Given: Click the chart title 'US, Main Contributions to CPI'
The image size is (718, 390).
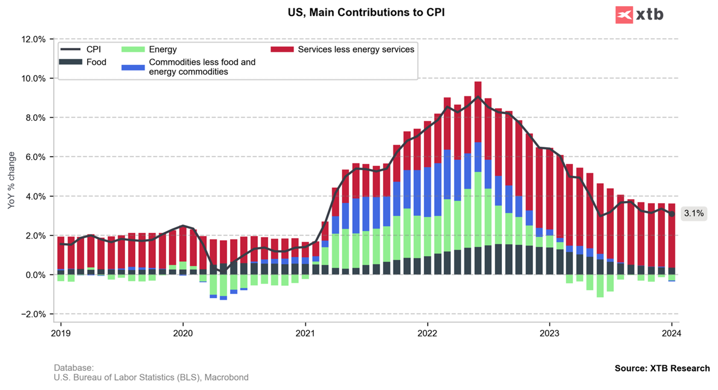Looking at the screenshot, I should coord(366,12).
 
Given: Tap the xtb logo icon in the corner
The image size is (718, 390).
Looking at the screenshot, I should coord(624,15).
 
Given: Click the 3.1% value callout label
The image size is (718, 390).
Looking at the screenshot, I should coord(693,213).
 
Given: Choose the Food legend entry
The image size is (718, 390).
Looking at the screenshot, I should coord(83,62).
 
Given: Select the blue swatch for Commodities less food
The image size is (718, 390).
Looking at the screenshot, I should coord(133,67).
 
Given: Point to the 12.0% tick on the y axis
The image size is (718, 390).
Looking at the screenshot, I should coord(33,39).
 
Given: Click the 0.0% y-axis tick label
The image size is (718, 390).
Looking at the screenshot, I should coord(35,275).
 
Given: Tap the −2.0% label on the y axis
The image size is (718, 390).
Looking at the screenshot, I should coord(33,314).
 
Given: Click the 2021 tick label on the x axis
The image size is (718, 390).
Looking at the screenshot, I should coord(305,333).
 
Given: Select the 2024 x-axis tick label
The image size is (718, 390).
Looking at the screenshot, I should coord(672,333).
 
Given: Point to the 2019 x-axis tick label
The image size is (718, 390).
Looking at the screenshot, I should coord(61,333).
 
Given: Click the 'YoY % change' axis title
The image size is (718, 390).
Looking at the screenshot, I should coord(11,180).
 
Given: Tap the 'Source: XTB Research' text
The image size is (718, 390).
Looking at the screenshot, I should coord(662,368).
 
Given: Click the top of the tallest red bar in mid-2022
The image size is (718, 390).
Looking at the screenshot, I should coord(478,82).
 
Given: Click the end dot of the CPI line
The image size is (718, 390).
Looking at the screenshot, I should coord(672,214).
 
